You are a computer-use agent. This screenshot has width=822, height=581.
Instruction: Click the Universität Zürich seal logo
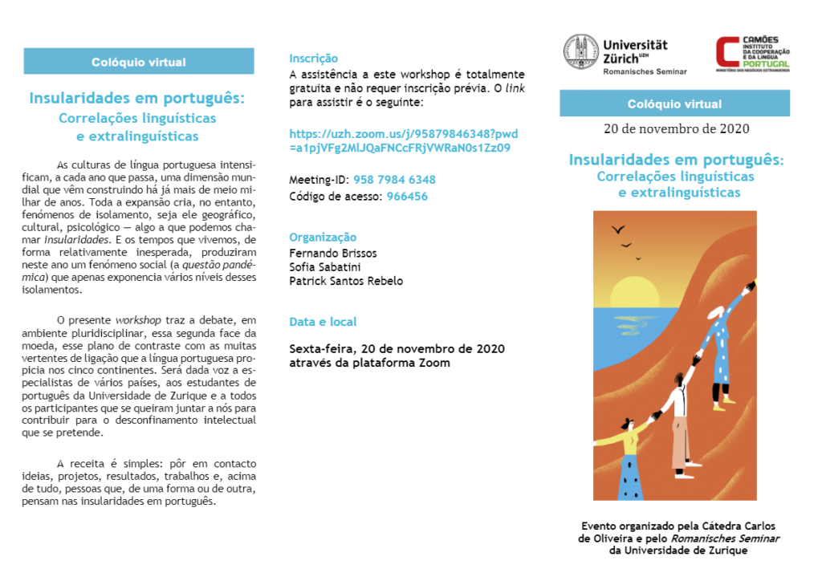coord(580,52)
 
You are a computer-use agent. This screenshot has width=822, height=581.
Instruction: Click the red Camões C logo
coord(726,53)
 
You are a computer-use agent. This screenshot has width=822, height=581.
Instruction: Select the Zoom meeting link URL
coord(403,140)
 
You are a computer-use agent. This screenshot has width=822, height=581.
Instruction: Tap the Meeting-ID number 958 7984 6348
coord(394,180)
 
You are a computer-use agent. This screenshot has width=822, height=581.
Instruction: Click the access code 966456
coord(407,197)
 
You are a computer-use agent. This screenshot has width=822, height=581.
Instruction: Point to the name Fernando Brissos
coord(332,253)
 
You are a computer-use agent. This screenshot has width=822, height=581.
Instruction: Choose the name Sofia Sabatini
coord(325,267)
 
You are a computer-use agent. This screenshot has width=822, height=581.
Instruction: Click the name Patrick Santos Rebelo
coord(346,281)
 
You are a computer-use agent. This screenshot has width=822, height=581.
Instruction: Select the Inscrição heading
coord(313,59)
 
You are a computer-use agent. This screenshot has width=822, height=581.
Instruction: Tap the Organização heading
coord(322,238)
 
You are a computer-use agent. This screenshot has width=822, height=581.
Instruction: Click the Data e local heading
coord(323,322)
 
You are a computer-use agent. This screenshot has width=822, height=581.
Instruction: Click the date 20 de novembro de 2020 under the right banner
coord(675,128)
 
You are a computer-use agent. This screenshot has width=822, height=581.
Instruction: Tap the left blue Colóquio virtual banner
coord(139,62)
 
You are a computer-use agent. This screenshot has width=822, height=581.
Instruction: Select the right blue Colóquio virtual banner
coord(674,104)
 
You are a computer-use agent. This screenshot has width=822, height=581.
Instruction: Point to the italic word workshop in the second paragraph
coord(137,320)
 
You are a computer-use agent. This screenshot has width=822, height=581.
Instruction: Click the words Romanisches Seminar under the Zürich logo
coord(645,71)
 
